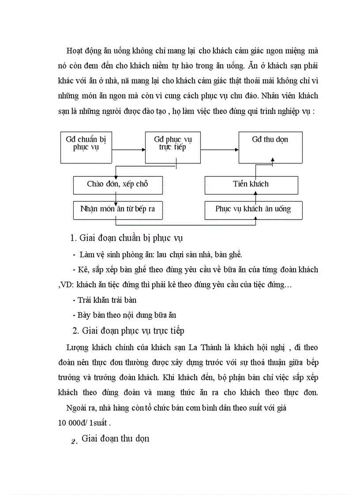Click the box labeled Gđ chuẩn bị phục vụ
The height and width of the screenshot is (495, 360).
[86, 147]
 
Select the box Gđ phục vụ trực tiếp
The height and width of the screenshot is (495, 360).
[172, 147]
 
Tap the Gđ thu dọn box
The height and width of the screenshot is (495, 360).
[270, 147]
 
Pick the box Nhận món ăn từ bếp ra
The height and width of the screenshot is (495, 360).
[117, 209]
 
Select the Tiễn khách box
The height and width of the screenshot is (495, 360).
[251, 185]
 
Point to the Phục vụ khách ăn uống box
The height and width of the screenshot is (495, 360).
[253, 209]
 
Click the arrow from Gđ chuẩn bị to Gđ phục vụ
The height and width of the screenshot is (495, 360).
[128, 150]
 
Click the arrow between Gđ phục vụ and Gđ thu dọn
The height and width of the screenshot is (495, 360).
[219, 150]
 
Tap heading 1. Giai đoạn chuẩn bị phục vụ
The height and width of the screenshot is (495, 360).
[127, 238]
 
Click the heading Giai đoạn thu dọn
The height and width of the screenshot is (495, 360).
[115, 439]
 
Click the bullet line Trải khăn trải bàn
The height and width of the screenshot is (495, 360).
[104, 300]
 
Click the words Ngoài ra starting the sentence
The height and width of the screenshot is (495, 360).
[80, 408]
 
